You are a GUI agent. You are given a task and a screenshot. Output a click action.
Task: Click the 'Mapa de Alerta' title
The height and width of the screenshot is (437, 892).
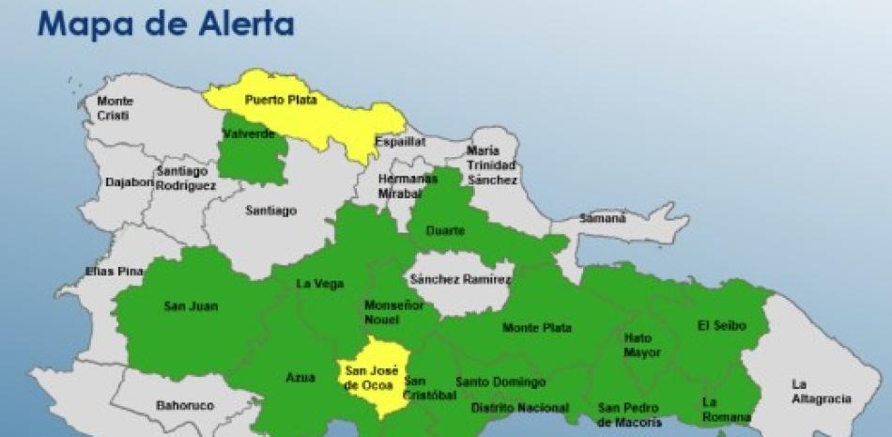click(165, 23)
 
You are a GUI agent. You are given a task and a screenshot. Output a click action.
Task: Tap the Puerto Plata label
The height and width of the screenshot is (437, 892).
click(281, 100)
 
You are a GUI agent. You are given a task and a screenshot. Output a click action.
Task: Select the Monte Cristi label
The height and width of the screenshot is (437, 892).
click(115, 108)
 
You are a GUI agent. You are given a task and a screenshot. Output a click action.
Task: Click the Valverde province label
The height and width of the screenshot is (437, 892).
click(249, 135)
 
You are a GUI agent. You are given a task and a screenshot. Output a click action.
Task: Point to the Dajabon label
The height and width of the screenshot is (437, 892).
click(130, 182)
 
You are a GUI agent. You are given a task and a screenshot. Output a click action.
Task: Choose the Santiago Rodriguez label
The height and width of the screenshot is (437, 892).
click(187, 179)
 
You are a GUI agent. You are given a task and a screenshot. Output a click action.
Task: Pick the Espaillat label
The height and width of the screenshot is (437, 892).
click(400, 142)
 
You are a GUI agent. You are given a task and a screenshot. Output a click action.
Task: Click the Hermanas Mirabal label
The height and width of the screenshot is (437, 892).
click(408, 186)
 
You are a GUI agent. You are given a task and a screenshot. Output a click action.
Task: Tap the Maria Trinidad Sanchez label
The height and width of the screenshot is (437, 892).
click(492, 164)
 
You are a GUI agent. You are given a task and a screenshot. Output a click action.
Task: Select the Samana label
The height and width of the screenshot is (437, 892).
click(602, 218)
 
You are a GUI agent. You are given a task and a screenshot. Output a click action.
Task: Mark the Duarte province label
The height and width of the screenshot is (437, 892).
click(445, 230)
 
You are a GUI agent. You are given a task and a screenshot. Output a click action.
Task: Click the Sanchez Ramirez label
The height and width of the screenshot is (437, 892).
click(461, 279)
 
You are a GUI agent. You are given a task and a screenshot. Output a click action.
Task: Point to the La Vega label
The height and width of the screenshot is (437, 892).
click(320, 284)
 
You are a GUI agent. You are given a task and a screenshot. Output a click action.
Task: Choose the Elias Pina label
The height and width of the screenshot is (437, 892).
click(114, 272)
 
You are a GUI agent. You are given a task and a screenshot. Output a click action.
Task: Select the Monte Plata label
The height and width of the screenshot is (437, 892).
click(537, 328)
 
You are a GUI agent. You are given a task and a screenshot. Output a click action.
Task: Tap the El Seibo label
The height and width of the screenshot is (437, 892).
click(721, 326)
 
